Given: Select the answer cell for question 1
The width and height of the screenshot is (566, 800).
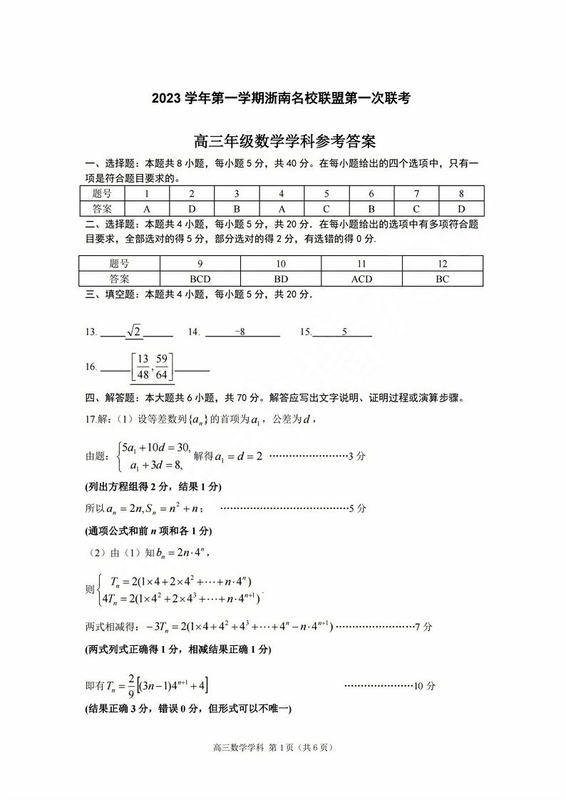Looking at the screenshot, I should click(x=147, y=209).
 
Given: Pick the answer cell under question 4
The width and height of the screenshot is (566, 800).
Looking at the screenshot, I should click(x=281, y=209).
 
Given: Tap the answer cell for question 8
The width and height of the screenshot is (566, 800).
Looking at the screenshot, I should click(x=461, y=209).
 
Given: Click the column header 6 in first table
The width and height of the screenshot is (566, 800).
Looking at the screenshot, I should click(x=371, y=193).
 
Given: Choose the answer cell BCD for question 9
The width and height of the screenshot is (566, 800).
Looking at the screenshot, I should click(x=200, y=279).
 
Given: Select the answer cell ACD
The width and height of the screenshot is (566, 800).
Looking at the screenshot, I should click(x=361, y=279).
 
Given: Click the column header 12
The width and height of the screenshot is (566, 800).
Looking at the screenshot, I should click(x=442, y=264).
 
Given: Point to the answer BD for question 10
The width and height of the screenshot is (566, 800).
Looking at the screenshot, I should click(x=281, y=279).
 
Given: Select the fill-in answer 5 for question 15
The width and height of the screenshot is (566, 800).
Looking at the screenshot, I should click(x=344, y=332).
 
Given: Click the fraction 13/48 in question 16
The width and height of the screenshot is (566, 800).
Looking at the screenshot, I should click(x=143, y=367).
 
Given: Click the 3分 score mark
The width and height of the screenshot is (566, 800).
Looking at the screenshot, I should click(x=356, y=456).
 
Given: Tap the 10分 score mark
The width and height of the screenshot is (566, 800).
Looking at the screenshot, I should click(x=425, y=686).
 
